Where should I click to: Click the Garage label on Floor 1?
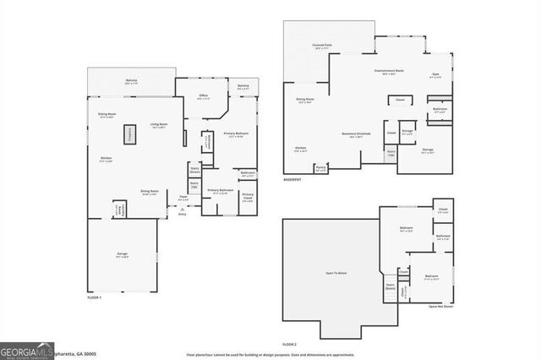(122, 254)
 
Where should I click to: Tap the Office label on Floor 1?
(204, 96)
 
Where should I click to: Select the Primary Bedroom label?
(236, 134)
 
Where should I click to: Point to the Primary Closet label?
(247, 196)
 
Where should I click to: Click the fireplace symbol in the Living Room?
(131, 134)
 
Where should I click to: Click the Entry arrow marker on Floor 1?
(182, 212)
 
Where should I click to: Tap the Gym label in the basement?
(435, 75)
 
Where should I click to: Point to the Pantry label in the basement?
(321, 168)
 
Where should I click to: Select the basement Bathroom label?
(440, 109)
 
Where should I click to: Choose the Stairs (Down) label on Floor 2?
(390, 286)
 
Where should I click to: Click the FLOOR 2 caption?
(290, 345)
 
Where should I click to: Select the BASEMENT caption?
(291, 180)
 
